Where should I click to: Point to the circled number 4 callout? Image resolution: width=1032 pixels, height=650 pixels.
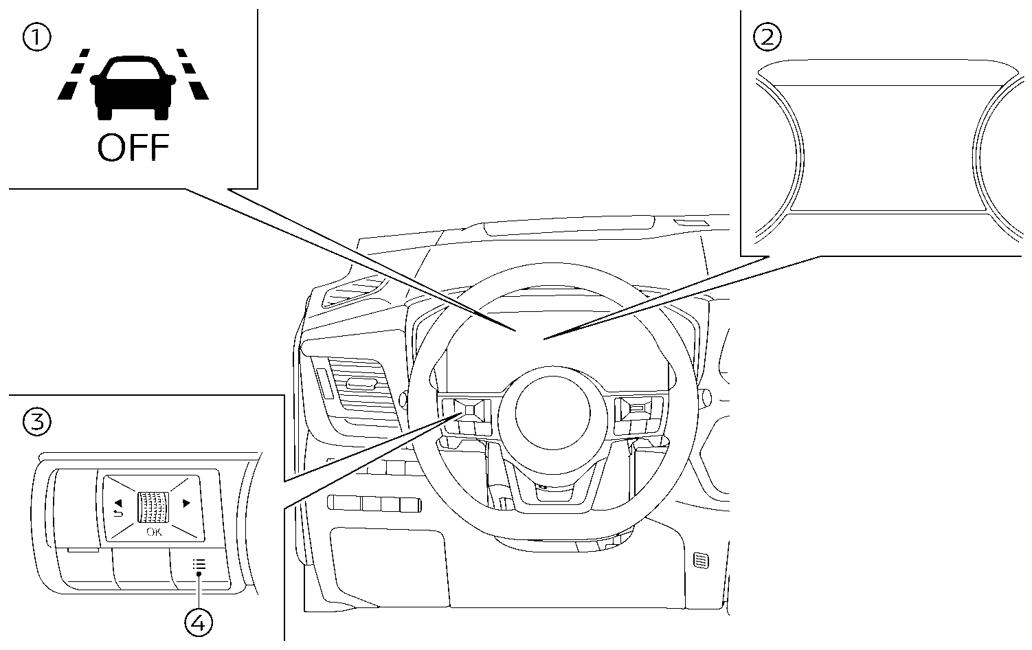tap(199, 623)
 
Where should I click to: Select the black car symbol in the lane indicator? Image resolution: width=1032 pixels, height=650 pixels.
tap(133, 87)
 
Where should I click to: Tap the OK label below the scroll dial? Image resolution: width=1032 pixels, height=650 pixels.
tap(153, 533)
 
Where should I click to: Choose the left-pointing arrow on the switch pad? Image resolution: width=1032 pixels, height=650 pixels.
tap(118, 502)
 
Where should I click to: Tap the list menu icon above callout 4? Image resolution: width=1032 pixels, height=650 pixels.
tap(199, 565)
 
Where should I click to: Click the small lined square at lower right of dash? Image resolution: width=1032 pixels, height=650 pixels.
tap(701, 560)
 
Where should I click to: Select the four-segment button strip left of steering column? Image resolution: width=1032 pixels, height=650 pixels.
tap(374, 503)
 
